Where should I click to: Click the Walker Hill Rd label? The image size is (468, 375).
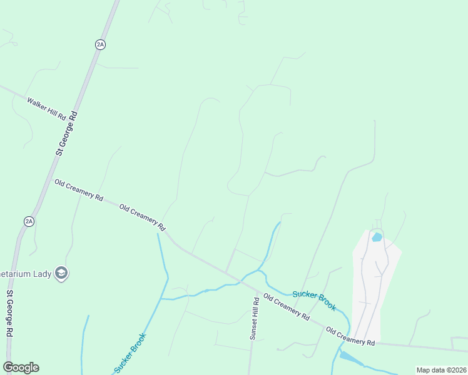(46, 108)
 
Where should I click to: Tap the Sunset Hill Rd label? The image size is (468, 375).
(255, 318)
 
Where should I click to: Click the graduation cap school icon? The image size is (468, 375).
(61, 272)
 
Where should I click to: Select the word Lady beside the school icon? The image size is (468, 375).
(41, 273)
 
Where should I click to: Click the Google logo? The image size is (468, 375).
(21, 367)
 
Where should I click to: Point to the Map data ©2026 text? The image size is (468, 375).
(440, 370)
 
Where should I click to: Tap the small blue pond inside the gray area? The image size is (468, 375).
(377, 237)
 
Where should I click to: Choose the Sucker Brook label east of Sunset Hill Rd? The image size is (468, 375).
(314, 300)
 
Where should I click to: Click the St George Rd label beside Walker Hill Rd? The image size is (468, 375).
(66, 133)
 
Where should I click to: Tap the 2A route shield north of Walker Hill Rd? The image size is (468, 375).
(100, 44)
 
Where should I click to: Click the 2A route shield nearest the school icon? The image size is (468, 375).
(29, 221)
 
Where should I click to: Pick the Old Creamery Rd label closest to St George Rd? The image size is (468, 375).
(79, 189)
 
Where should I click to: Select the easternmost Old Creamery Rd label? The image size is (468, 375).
(350, 337)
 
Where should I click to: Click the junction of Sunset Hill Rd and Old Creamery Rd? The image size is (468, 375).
(257, 291)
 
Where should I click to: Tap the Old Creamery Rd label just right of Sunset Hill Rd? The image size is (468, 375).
(287, 307)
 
